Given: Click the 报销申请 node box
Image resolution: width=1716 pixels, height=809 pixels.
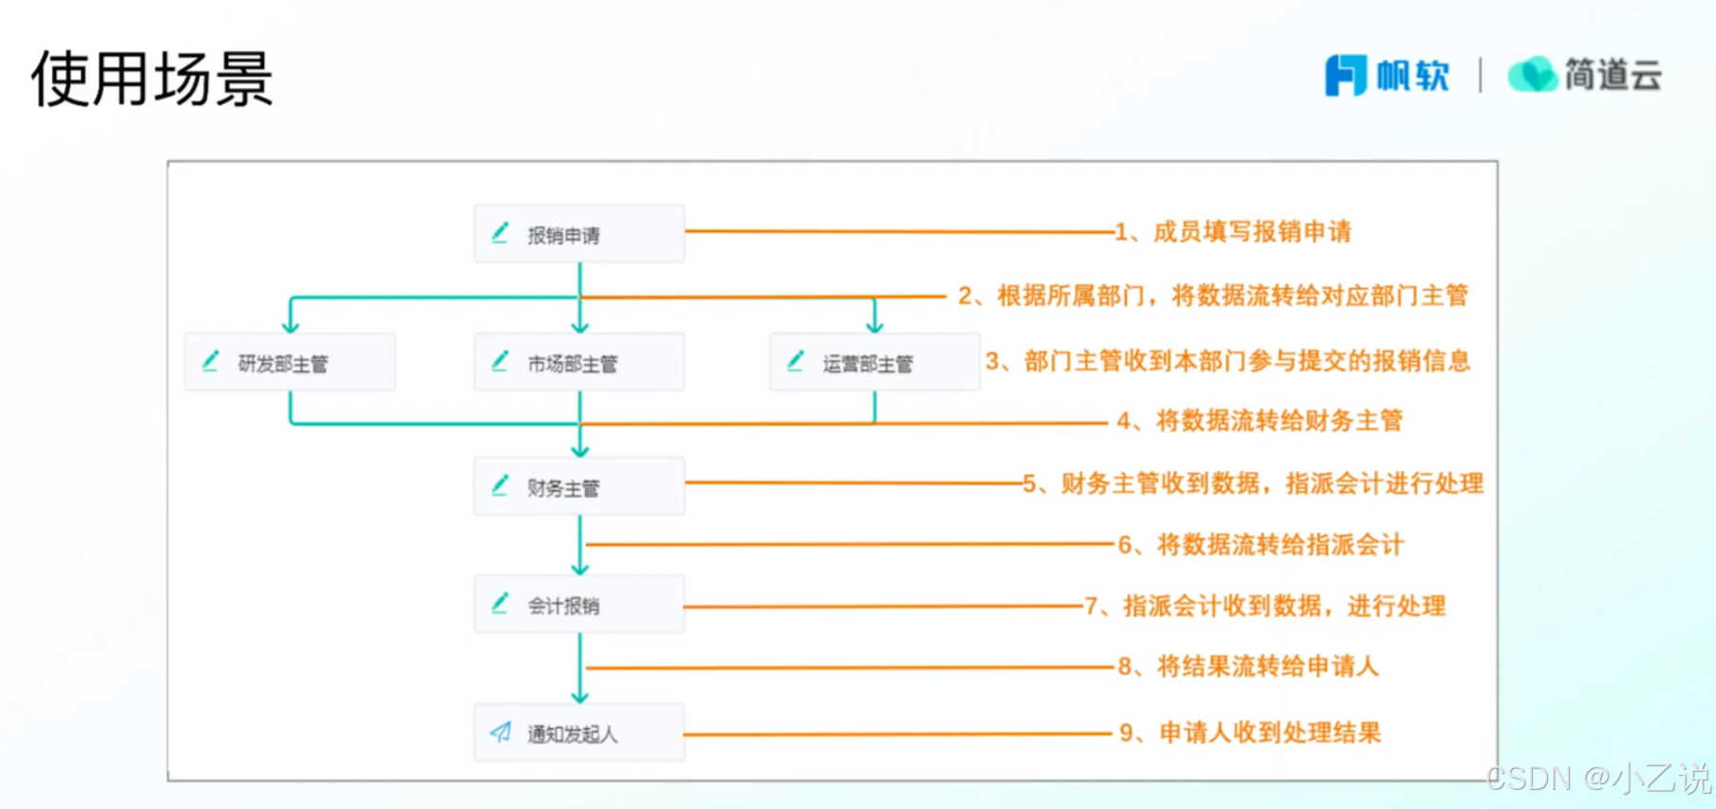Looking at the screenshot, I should coord(579,234).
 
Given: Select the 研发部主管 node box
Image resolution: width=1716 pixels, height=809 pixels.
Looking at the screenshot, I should coord(290,362).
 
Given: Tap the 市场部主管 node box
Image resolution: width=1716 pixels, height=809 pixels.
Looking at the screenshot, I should coord(579,362).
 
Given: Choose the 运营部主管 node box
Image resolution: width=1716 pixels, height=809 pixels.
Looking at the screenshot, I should coord(874,362).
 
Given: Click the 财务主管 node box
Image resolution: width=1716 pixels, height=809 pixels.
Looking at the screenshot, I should coord(579,486).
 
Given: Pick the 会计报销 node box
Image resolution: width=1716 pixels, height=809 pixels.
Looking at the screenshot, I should coord(579,604).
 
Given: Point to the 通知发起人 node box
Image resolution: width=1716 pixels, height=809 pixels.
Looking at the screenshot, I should coord(579,732).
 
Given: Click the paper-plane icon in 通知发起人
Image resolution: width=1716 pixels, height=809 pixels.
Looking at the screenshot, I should coord(500,731).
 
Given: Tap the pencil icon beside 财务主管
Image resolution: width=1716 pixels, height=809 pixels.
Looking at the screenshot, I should coord(500,485).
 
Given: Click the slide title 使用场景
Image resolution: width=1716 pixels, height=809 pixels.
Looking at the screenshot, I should coord(152,79).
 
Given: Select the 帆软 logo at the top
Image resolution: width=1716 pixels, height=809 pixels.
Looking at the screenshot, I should coord(1387,75).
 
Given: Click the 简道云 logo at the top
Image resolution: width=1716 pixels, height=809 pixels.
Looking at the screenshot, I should coord(1585,75).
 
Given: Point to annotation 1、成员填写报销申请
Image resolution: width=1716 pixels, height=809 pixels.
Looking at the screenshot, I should coord(1233,232).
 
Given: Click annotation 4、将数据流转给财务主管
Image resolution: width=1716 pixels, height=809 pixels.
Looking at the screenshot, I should coord(1259,421).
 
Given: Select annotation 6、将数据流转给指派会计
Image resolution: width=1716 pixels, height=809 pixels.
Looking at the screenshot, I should coord(1260,544).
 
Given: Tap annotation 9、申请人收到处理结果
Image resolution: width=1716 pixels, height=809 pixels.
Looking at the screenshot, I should coord(1250,732).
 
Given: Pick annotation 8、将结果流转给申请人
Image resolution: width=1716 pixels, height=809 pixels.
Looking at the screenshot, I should coord(1248,666).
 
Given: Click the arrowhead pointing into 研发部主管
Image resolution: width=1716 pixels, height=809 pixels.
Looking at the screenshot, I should coord(291,326).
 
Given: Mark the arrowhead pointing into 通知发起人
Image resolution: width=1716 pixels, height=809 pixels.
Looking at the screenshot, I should coord(580,696).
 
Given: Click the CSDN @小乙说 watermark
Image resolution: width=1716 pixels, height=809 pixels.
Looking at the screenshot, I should coord(1598,779).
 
